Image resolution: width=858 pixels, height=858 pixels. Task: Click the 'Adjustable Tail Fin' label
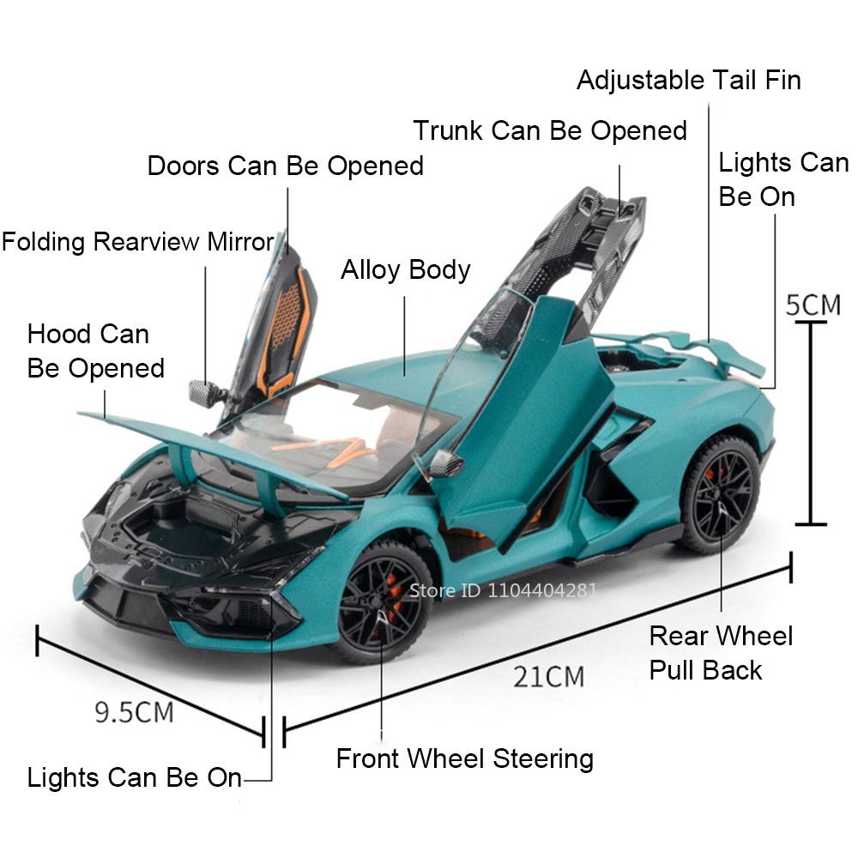tap(688, 81)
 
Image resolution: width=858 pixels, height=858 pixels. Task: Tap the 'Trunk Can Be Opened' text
tap(550, 131)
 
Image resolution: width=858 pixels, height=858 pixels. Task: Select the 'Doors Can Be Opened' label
tap(286, 166)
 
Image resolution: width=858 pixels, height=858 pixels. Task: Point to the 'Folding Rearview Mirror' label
tap(137, 242)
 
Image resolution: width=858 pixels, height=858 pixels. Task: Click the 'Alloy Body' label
tap(405, 269)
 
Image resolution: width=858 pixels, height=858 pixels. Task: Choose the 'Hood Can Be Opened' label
tap(95, 351)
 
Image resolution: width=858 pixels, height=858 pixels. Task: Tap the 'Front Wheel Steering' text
tap(464, 758)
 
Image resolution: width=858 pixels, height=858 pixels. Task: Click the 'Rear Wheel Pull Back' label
tap(721, 652)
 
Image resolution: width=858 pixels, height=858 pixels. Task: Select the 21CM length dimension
tap(549, 676)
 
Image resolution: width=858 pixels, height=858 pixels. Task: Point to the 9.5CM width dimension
tap(134, 711)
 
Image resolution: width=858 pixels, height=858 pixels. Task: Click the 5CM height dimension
tap(813, 305)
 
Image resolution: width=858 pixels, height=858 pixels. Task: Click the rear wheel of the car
tap(719, 493)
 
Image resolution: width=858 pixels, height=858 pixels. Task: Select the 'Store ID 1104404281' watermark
tap(502, 589)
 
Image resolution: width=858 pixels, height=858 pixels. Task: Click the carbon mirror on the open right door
tap(447, 463)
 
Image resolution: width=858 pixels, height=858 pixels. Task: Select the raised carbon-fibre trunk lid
tap(592, 249)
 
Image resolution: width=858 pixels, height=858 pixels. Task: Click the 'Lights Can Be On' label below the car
tap(135, 778)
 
